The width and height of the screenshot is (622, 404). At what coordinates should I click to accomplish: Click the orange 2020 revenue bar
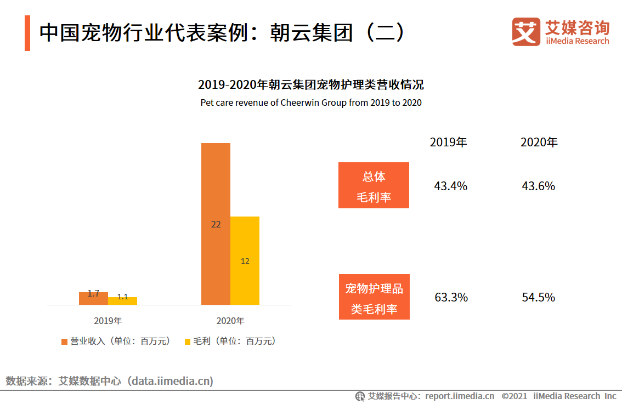pyautogui.click(x=216, y=224)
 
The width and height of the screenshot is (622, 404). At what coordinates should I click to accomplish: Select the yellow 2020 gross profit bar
pyautogui.click(x=245, y=260)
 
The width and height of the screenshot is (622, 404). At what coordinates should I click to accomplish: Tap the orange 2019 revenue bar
pyautogui.click(x=93, y=298)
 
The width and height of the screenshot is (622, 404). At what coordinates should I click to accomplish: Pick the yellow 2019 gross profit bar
pyautogui.click(x=122, y=300)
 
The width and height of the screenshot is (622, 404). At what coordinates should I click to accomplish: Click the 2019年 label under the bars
pyautogui.click(x=108, y=321)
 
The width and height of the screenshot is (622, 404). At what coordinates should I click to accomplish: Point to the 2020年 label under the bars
pyautogui.click(x=230, y=321)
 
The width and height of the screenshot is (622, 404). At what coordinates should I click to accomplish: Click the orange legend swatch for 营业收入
pyautogui.click(x=65, y=342)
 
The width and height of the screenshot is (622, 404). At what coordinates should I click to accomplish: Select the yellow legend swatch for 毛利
pyautogui.click(x=188, y=342)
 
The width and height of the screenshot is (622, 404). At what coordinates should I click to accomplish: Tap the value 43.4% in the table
pyautogui.click(x=450, y=186)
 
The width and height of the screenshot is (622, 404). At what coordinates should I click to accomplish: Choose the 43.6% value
pyautogui.click(x=539, y=186)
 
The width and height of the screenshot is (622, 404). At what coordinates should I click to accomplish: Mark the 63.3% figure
pyautogui.click(x=451, y=298)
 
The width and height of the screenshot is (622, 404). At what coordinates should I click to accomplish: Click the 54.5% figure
pyautogui.click(x=539, y=298)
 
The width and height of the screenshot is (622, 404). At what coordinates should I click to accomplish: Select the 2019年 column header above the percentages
pyautogui.click(x=449, y=143)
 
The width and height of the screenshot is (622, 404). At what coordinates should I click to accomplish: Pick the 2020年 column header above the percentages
pyautogui.click(x=539, y=143)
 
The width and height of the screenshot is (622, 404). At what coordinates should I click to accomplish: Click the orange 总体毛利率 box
pyautogui.click(x=374, y=185)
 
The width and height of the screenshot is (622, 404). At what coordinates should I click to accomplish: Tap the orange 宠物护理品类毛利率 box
pyautogui.click(x=374, y=297)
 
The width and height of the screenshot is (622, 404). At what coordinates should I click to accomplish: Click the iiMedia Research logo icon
pyautogui.click(x=525, y=32)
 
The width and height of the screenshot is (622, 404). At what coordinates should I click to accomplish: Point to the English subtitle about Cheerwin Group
pyautogui.click(x=311, y=103)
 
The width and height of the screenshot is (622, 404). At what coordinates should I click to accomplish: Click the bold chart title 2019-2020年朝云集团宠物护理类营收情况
pyautogui.click(x=311, y=85)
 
